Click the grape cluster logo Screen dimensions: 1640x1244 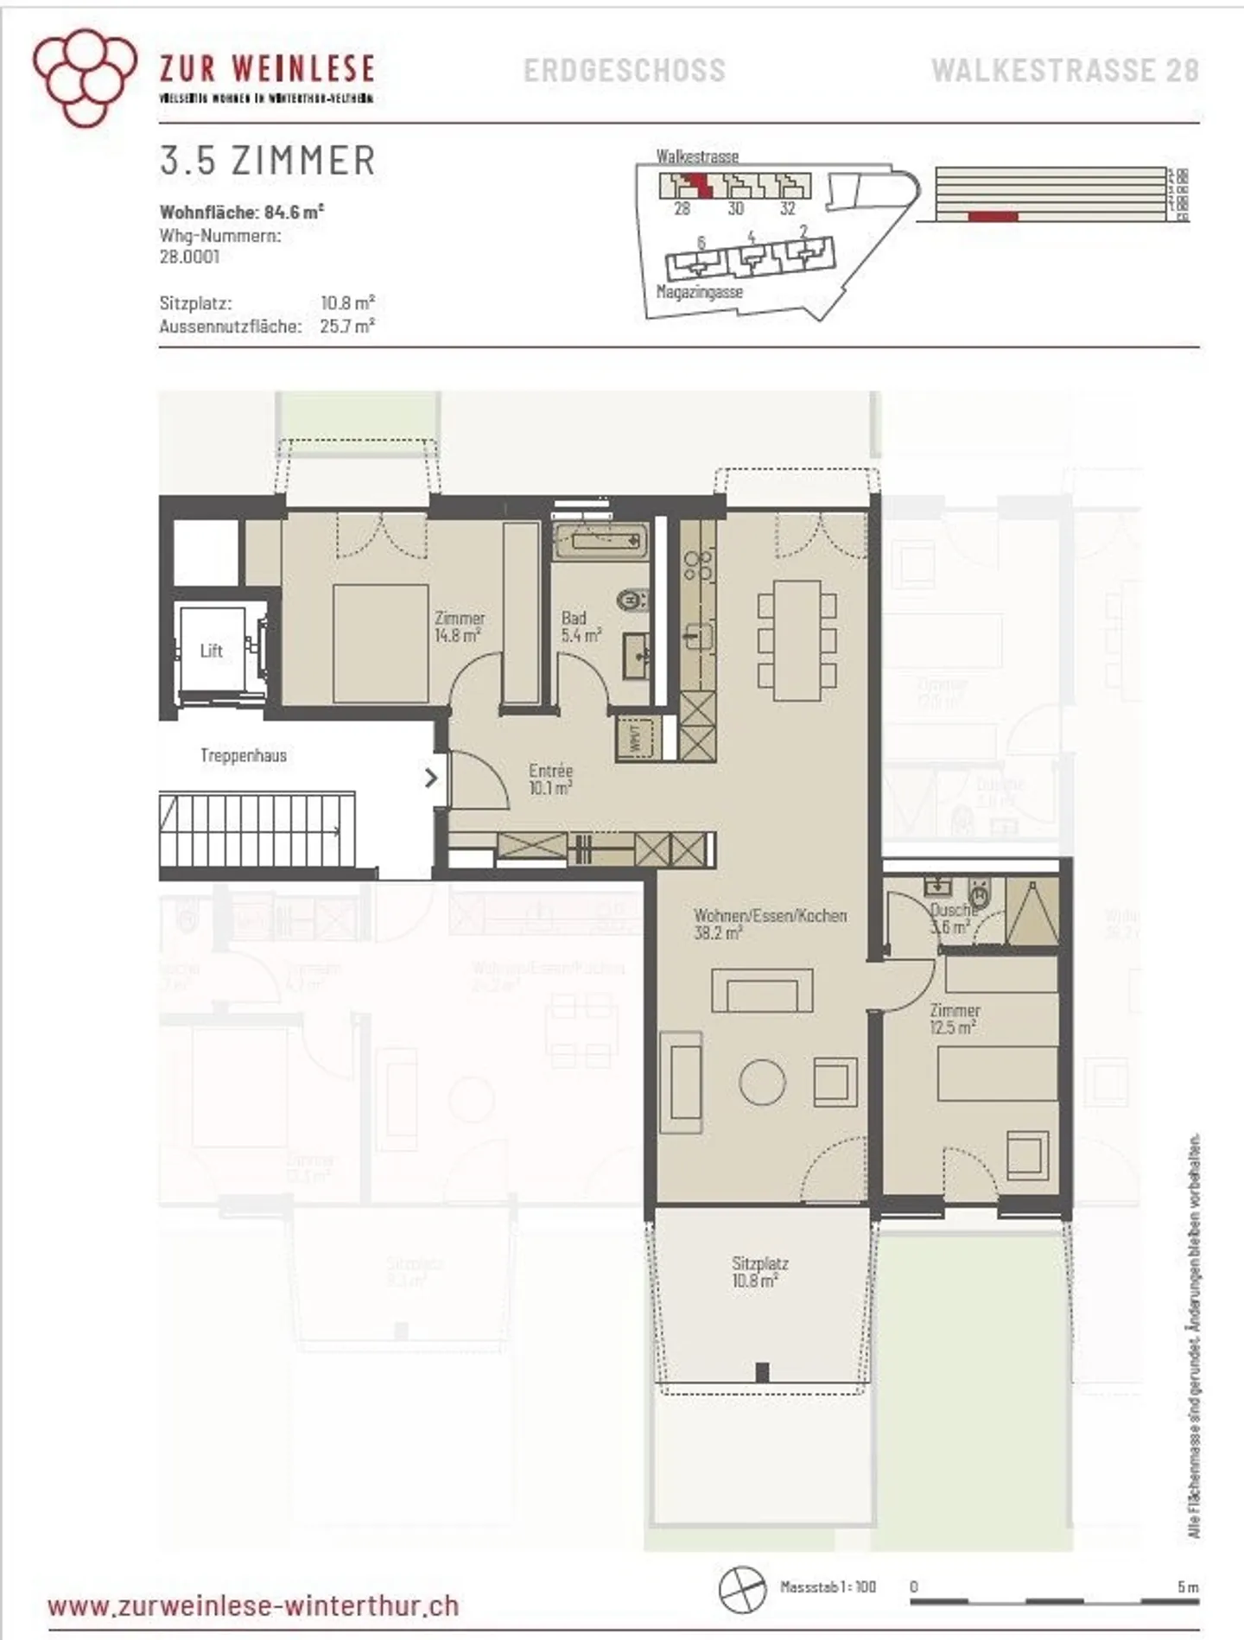coord(84,75)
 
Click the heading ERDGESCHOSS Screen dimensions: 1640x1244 coord(625,70)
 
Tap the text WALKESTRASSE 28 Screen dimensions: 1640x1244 coord(1064,70)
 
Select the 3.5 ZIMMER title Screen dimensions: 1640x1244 coord(268,161)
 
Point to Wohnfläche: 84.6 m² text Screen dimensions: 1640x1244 coord(242,212)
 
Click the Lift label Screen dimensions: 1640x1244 coord(212,651)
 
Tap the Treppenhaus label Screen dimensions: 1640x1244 coord(244,755)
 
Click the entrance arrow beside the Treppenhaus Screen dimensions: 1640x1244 coord(430,778)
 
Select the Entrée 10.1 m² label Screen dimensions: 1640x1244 coord(550,779)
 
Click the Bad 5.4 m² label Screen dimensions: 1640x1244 coord(580,626)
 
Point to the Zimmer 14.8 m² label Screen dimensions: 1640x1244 coord(459,626)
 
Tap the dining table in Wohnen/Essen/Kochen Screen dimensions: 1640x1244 coord(797,639)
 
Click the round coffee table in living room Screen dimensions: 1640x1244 coord(762,1082)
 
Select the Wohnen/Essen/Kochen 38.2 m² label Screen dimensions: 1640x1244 coord(770,923)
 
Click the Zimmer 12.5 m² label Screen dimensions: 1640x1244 coord(954,1018)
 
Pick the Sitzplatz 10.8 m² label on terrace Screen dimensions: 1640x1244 coord(759,1271)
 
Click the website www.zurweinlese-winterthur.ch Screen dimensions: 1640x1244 coord(253,1606)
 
